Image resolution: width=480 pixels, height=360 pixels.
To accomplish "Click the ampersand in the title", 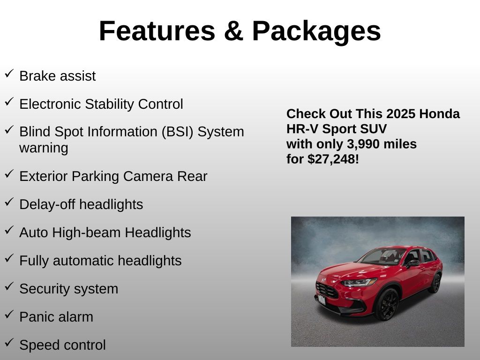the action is click(x=233, y=31).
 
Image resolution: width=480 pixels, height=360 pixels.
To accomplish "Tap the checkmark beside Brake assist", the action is click(x=9, y=73).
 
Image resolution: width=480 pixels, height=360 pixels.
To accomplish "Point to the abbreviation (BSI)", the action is click(x=178, y=132).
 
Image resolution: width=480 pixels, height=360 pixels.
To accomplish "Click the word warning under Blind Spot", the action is click(x=44, y=148).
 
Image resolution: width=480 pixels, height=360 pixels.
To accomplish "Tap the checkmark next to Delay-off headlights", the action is click(x=9, y=202).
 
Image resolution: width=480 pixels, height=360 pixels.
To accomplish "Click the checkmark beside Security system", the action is click(x=9, y=286).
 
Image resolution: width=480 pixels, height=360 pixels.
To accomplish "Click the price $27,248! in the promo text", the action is click(x=333, y=159).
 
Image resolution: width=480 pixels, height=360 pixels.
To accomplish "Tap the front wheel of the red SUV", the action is click(x=387, y=304).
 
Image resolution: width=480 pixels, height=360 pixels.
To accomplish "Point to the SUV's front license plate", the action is click(x=322, y=300).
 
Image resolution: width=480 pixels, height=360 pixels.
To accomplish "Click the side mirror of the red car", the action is click(x=413, y=263).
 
